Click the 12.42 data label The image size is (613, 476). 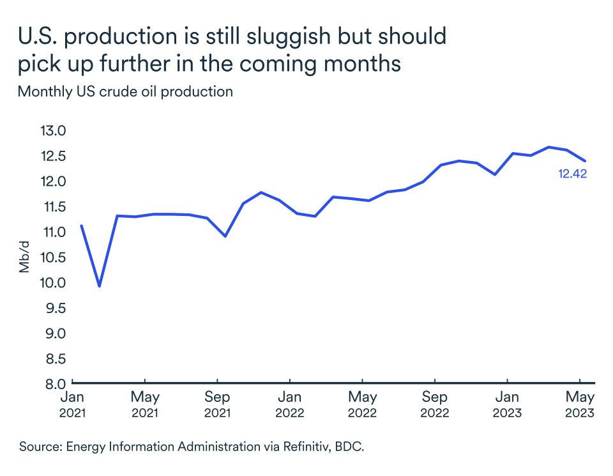[x=572, y=173]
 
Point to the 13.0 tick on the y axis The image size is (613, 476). [x=52, y=131]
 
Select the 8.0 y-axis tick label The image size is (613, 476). [x=52, y=384]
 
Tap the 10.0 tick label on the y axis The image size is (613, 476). [x=52, y=283]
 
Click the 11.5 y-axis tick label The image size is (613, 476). [x=52, y=207]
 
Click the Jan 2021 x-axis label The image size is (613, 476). [x=72, y=404]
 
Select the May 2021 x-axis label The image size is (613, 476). [x=145, y=404]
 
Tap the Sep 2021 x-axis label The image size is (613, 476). [x=217, y=404]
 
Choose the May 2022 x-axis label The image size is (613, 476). [x=362, y=404]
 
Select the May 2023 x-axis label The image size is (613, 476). [x=579, y=404]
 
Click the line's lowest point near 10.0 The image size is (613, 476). [x=99, y=286]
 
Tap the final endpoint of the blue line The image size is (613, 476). [x=586, y=161]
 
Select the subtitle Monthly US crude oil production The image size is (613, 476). [x=125, y=91]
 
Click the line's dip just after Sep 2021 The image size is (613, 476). [x=225, y=236]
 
